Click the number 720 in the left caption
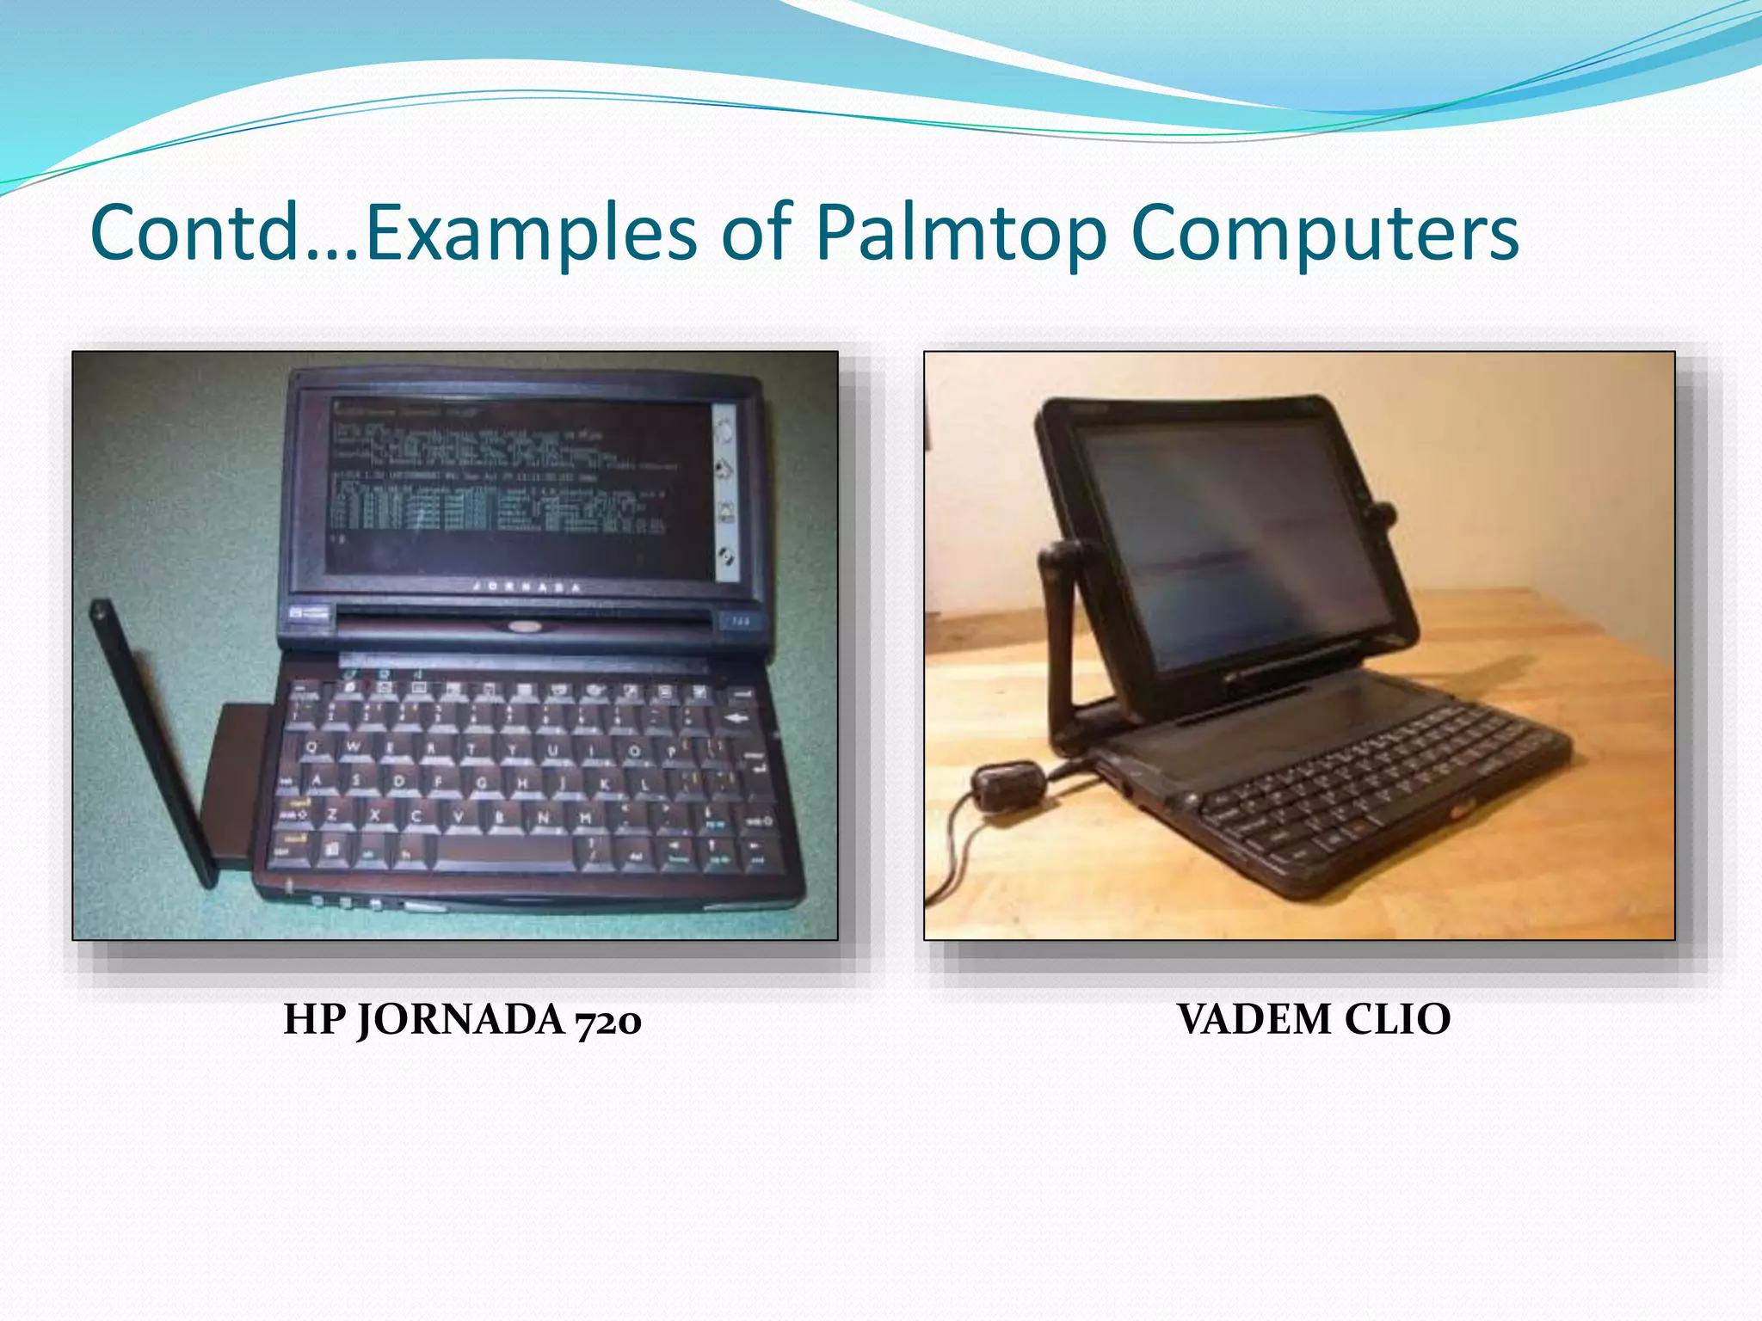608,1021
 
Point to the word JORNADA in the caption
460,1021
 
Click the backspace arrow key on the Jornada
736,719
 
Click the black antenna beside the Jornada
153,740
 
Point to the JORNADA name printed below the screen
527,587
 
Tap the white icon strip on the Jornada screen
725,490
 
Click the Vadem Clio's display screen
1239,542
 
